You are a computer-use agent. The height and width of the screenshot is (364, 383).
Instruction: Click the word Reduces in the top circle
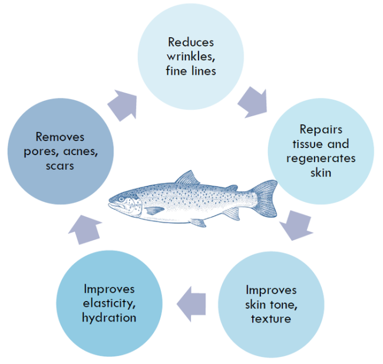coord(191,42)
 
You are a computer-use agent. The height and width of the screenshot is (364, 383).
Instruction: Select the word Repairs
coord(321,130)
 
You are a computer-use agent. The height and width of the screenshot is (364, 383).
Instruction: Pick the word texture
coord(271,319)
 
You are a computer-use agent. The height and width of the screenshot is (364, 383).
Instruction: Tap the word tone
coord(283,305)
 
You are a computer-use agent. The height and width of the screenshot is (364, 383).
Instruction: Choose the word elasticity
coord(109,304)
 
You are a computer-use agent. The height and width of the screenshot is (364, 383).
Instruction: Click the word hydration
coord(109,318)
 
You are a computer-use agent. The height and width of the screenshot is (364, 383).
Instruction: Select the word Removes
coord(60,137)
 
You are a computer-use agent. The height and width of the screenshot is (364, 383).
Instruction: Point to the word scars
coord(60,166)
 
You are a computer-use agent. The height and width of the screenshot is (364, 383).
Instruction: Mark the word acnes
coord(81,152)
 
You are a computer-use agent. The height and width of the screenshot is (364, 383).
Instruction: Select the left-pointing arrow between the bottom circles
coord(191,304)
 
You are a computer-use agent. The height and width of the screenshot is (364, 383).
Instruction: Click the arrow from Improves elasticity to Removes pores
coord(85,229)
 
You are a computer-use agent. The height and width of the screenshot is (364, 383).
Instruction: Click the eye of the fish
coord(121,199)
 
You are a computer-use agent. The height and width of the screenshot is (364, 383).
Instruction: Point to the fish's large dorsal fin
coord(187,178)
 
